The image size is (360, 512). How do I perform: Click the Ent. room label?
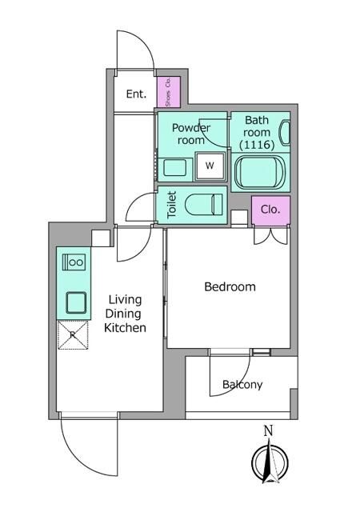coord(136,94)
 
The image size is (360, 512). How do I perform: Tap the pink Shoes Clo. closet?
coord(169,92)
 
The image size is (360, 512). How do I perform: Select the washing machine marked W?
coord(210,166)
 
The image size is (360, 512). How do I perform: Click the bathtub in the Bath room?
coord(260,172)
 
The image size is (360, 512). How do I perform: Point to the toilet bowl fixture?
coord(204,205)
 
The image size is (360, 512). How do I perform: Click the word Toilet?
coord(171,205)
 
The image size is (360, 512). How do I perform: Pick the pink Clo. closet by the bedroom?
coord(270,210)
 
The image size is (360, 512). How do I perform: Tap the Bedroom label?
coord(230,286)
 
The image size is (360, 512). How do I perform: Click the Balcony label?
coord(242,385)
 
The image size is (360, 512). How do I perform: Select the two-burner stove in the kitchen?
coord(74,262)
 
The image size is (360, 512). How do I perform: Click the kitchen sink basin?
coord(76,302)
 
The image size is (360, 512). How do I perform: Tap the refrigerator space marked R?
coord(73,334)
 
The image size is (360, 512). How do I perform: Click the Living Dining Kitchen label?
coord(125,314)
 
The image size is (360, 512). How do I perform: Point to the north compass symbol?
coord(270,462)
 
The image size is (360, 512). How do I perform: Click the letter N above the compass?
coord(268,431)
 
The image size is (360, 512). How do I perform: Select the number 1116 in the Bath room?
coord(257,144)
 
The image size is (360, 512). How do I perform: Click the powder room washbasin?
coord(174,167)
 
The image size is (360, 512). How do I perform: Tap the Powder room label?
coord(191,134)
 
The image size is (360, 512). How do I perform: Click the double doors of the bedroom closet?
coord(271,236)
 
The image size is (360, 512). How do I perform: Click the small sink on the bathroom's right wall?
coord(284,133)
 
